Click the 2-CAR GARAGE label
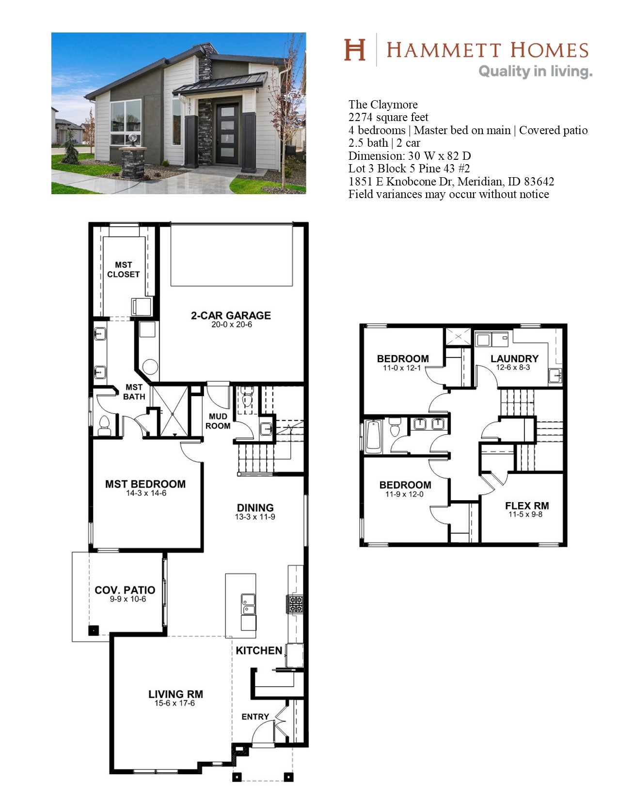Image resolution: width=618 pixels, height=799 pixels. (231, 315)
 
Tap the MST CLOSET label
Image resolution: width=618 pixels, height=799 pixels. (123, 270)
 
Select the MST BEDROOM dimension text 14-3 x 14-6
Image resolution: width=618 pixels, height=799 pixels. (146, 493)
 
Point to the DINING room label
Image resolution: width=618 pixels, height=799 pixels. (255, 508)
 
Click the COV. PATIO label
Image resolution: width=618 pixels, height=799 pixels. (125, 590)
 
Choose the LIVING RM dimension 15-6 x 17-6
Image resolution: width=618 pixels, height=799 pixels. (174, 703)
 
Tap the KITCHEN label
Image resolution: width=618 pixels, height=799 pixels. (259, 650)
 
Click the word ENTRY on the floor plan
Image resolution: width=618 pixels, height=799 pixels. (255, 717)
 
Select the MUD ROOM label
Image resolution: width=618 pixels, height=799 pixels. (218, 421)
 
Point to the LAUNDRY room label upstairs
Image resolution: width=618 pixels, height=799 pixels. (514, 358)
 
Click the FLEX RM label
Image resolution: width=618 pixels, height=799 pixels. (527, 506)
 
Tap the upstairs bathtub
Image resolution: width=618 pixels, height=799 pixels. (373, 435)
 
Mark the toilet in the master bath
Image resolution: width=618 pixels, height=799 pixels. (105, 426)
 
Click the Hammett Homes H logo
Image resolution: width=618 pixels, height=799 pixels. (355, 50)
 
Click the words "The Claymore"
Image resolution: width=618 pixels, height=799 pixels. (383, 105)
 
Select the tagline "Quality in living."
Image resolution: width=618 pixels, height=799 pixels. (536, 71)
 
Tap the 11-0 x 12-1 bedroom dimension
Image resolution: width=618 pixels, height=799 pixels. (401, 368)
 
